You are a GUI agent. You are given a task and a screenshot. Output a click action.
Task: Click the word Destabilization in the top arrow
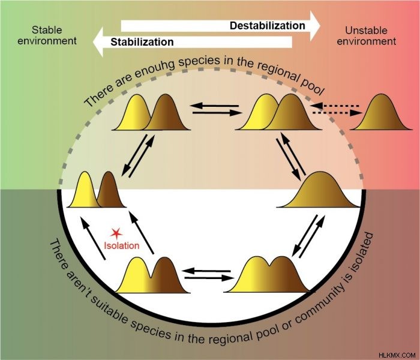pos(268,26)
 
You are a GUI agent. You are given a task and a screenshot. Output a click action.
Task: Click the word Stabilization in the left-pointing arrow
pos(142,42)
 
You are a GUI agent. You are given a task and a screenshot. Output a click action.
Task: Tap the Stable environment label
pos(47,35)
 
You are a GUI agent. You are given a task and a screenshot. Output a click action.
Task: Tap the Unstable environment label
pos(366,36)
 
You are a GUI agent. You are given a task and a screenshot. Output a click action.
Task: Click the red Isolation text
pos(122,245)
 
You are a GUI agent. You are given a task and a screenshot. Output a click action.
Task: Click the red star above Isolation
pos(116,234)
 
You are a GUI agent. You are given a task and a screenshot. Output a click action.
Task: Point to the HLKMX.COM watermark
pos(397,355)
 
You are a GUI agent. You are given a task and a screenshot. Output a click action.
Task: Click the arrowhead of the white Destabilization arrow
pos(315,26)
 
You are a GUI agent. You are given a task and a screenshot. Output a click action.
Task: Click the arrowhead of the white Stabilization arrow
pos(98,42)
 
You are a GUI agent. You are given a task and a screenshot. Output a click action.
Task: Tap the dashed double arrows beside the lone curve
pos(336,110)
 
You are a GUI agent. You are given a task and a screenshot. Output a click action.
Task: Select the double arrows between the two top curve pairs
pos(216,110)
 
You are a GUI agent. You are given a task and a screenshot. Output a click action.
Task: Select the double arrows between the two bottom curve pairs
pos(208,275)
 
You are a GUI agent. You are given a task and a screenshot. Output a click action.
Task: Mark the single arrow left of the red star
pos(92,238)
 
